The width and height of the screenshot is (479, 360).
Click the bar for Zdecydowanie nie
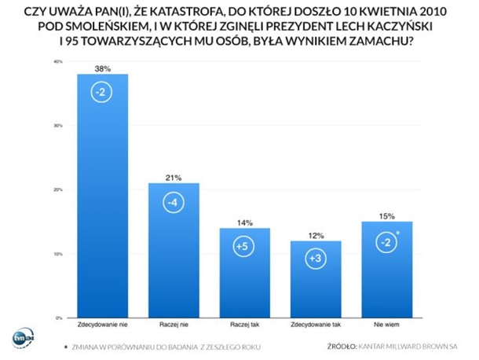pos(102,197)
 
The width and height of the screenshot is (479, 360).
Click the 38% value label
pos(102,68)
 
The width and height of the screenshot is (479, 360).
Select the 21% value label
pos(174,178)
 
